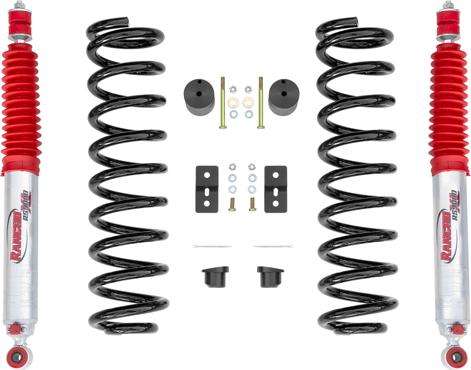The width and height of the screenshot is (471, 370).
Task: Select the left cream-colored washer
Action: coord(232,102)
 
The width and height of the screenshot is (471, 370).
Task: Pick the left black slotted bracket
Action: coord(206,188)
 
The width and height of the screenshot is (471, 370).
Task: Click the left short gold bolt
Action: coord(231,204)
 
